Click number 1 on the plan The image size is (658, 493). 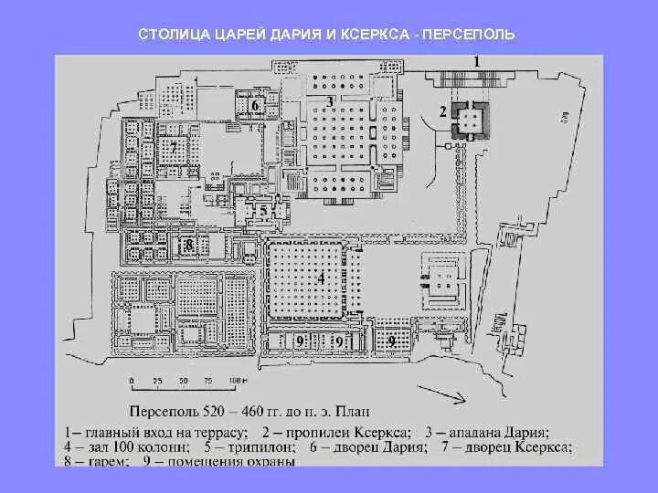point(475,60)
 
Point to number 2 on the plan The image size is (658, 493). point(443,111)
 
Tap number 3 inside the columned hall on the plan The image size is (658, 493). point(330,101)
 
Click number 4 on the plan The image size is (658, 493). point(321,278)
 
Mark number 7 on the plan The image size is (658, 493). point(173,146)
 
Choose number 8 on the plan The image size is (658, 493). point(188,245)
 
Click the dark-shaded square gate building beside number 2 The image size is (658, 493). point(472,119)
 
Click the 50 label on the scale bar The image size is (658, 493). point(182,379)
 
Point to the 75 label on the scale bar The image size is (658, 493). point(209,379)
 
